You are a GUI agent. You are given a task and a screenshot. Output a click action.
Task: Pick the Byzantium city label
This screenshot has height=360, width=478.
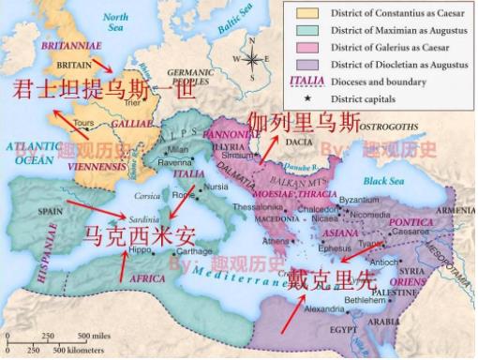tap(358, 201)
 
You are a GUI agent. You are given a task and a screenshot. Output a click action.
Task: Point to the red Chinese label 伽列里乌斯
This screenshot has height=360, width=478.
tap(303, 123)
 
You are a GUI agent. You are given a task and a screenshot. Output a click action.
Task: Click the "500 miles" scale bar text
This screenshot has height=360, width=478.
tap(96, 335)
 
